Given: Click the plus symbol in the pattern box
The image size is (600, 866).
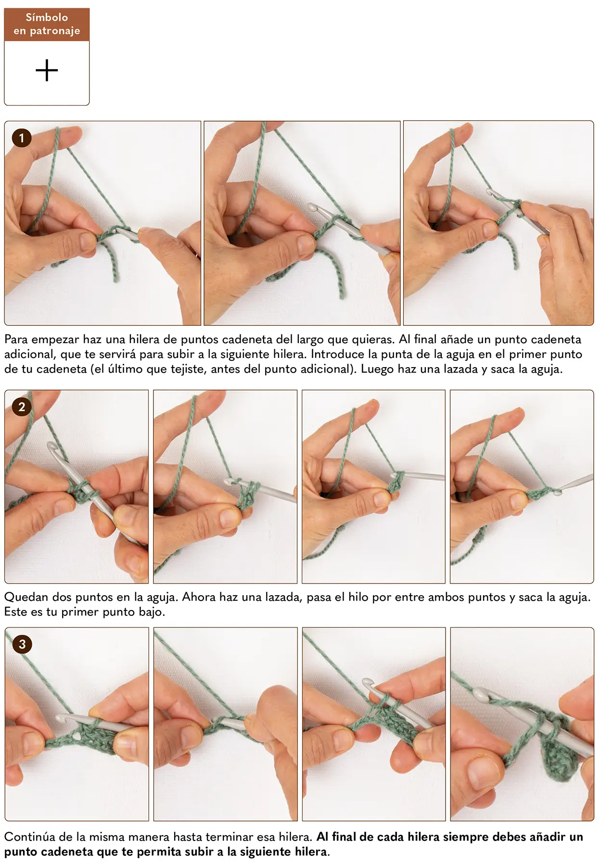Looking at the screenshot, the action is pyautogui.click(x=47, y=71).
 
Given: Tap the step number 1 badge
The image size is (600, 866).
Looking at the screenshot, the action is pyautogui.click(x=21, y=138).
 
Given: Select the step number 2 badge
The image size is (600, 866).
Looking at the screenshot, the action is pyautogui.click(x=22, y=407).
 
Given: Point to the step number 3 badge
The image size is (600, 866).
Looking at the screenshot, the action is pyautogui.click(x=22, y=644).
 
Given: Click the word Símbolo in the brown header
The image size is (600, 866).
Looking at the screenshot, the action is pyautogui.click(x=47, y=17).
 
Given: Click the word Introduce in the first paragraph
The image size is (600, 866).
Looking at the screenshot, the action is pyautogui.click(x=337, y=354).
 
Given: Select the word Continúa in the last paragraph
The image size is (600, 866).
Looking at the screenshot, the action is pyautogui.click(x=30, y=837).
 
